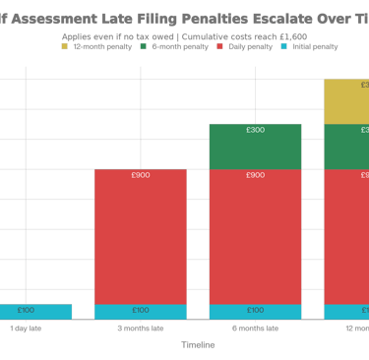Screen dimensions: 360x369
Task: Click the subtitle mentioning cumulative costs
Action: pos(184,35)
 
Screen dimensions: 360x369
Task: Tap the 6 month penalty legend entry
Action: pos(166,46)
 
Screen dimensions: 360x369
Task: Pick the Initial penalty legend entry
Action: pos(310,46)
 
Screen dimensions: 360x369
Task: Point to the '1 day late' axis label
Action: pos(26,328)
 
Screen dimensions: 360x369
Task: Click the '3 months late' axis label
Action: pos(140,328)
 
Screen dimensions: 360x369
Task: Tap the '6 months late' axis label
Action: pos(255,328)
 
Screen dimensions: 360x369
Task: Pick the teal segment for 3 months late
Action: pos(140,312)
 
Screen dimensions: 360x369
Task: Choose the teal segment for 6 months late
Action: pos(255,312)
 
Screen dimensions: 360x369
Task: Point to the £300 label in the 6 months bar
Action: pos(255,130)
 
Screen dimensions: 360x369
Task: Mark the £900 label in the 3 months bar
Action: pos(140,175)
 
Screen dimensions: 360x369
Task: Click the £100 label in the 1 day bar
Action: pos(26,311)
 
